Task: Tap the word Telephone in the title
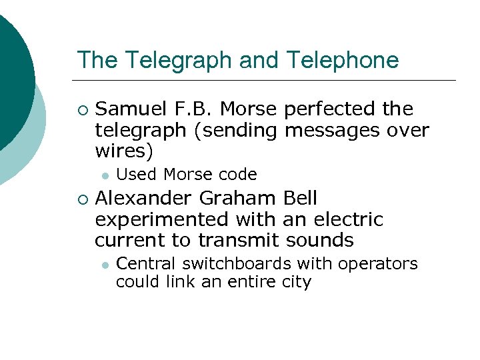coord(343,61)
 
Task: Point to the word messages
coord(332,130)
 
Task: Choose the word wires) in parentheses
coord(124,151)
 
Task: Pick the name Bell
coord(300,198)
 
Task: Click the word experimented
coord(157,219)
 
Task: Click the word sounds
coord(319,240)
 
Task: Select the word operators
coord(378,264)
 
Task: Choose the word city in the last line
coord(297,282)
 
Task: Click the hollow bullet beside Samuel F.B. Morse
coord(82,109)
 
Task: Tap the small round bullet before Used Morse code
coord(104,175)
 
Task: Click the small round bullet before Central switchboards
coord(104,265)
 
